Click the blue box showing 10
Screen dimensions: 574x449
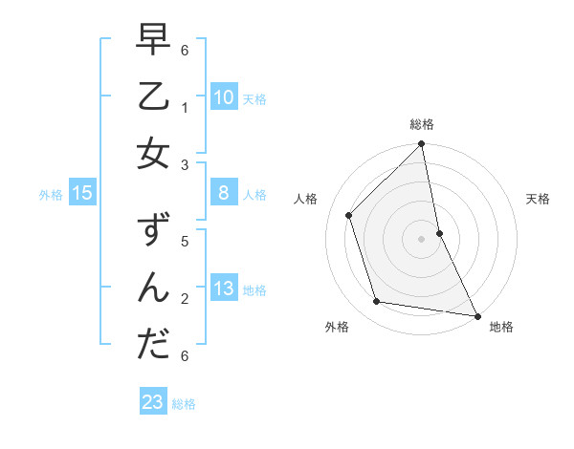223,97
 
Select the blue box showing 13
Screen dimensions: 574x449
223,289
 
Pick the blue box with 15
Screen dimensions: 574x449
82,194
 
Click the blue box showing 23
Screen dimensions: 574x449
153,402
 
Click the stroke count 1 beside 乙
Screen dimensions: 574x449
185,106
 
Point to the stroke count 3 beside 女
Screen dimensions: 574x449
185,164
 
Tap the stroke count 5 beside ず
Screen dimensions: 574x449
185,241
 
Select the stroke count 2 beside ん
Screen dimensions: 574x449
185,299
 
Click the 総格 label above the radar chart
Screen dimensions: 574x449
421,124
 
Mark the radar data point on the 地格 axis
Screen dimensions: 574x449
476,315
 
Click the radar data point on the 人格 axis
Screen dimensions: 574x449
349,215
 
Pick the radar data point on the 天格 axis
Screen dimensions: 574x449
439,233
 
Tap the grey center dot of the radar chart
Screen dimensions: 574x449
421,239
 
